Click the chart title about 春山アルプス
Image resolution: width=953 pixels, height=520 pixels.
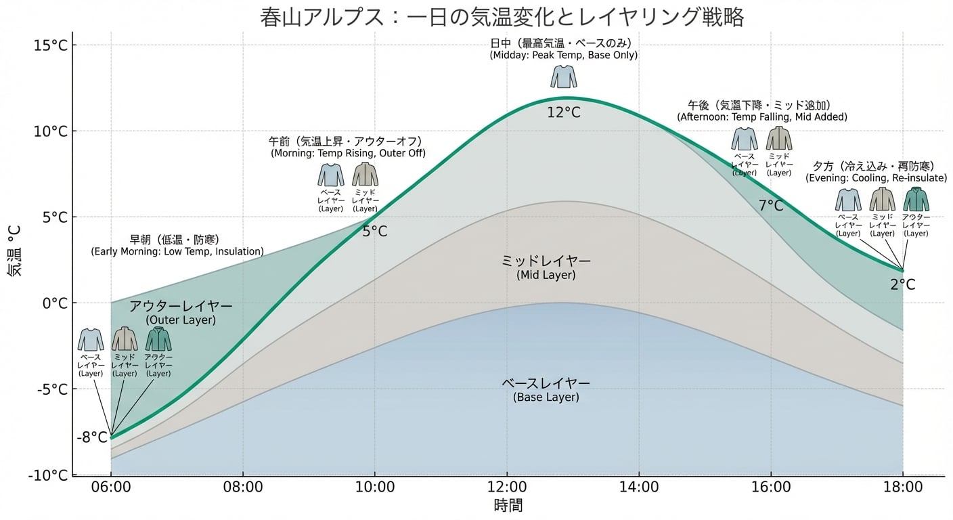502,16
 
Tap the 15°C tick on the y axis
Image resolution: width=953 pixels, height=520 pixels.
55,45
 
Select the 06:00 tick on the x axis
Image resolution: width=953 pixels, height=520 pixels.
111,487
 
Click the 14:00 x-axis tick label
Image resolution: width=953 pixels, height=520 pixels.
639,487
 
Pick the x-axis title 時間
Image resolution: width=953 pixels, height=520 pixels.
508,506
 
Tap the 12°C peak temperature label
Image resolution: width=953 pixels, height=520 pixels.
564,112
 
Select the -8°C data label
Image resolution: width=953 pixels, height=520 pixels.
92,437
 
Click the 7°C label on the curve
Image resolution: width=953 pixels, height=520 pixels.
771,206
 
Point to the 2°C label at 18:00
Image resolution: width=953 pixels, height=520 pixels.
903,285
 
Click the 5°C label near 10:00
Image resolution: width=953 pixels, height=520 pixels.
375,232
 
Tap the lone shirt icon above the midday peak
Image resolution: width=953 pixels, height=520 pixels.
564,77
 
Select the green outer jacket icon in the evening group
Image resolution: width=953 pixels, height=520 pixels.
916,200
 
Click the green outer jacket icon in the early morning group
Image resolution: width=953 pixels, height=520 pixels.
158,339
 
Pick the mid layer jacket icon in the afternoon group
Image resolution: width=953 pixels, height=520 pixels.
778,138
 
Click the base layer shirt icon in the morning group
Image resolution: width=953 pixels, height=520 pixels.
331,175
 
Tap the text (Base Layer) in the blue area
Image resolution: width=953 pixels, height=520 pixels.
546,397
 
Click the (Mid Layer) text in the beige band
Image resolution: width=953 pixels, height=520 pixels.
546,276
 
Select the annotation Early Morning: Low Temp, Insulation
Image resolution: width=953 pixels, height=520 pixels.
177,252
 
